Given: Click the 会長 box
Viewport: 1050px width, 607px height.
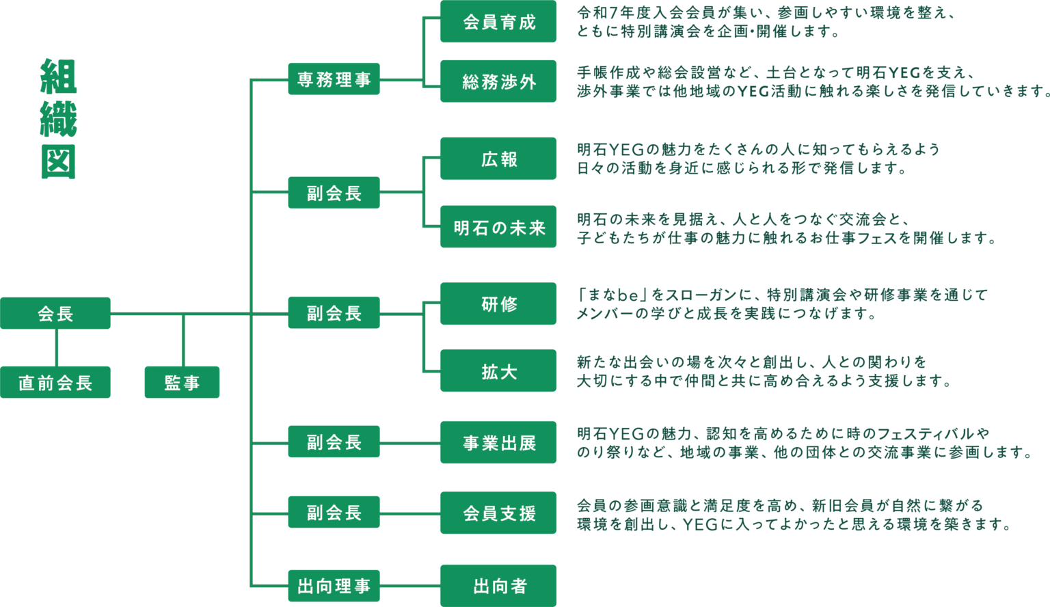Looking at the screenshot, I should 55,313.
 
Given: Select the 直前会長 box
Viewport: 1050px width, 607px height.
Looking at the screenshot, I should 55,382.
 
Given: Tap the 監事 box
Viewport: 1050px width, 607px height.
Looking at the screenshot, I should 182,382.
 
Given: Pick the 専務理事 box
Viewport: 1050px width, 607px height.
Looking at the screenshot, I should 334,79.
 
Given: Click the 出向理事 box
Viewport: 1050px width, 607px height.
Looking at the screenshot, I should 334,586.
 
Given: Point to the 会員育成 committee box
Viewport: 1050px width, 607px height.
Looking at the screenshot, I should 498,22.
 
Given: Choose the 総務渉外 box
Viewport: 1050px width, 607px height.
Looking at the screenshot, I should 498,81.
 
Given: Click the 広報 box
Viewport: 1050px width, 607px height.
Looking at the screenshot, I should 498,159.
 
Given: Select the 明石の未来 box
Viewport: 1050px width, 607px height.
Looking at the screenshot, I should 498,227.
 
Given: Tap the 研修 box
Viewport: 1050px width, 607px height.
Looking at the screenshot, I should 498,303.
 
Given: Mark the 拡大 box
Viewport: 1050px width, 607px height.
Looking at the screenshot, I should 498,370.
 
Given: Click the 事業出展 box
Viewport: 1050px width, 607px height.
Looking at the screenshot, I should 498,442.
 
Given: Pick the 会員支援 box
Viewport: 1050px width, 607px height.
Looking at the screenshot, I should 498,513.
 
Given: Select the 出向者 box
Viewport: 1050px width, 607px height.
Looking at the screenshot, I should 498,586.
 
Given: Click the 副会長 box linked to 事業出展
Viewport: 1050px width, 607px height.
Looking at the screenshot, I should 334,442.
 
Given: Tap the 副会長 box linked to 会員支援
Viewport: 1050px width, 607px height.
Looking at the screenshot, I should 334,512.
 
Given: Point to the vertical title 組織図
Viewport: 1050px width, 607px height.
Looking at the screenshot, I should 59,119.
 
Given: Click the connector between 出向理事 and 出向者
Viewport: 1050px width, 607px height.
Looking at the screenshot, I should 410,586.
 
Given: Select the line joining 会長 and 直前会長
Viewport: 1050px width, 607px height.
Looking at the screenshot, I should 56,347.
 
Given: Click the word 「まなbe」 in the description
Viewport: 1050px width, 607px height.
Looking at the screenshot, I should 611,295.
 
